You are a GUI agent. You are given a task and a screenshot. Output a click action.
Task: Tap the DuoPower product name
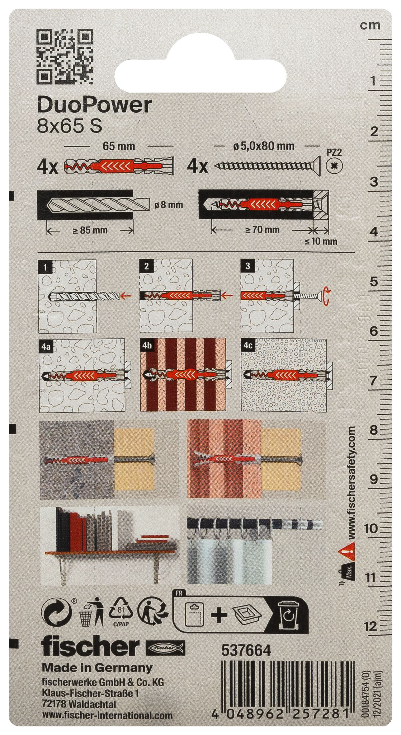95,106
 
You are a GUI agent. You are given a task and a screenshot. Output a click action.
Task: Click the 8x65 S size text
70,126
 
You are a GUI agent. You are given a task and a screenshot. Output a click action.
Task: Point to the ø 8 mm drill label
168,205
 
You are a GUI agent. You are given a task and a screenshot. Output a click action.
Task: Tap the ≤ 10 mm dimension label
321,241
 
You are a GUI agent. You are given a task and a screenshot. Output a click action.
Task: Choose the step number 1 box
44,267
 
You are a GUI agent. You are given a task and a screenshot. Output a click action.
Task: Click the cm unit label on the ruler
370,25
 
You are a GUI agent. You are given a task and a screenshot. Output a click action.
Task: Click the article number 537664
246,650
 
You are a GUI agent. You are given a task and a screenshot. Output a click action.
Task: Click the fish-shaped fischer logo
165,647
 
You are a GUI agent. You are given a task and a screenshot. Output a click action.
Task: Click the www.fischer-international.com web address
107,716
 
